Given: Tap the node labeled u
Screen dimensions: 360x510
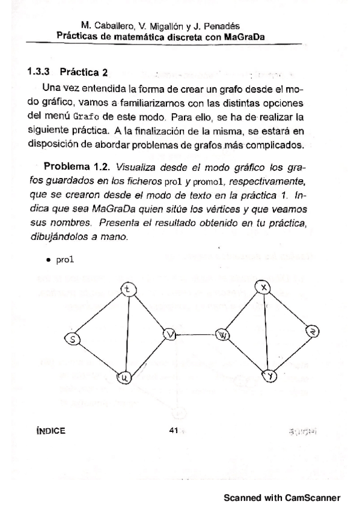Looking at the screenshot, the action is [125, 378].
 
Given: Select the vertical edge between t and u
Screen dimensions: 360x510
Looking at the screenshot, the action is [126, 334].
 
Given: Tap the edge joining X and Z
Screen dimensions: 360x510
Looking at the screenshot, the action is [289, 309].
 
